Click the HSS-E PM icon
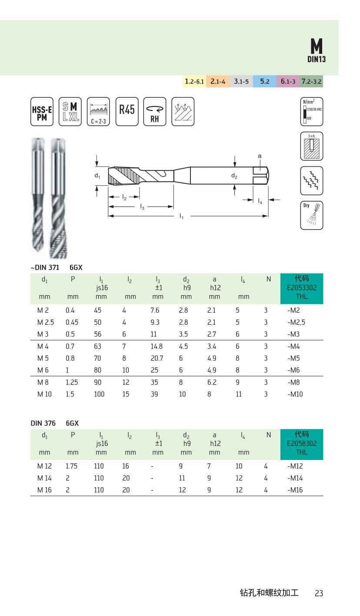pos(42,112)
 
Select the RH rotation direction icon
pos(155,112)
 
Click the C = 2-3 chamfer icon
pos(98,112)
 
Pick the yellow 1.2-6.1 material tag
pos(194,81)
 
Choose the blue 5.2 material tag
pos(264,81)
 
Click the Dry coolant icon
pos(312,215)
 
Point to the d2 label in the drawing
pos(234,176)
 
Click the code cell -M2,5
pos(297,323)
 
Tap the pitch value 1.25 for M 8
pos(71,383)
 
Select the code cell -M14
pos(296,478)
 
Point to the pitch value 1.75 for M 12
pos(71,466)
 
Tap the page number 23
pos(319,593)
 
